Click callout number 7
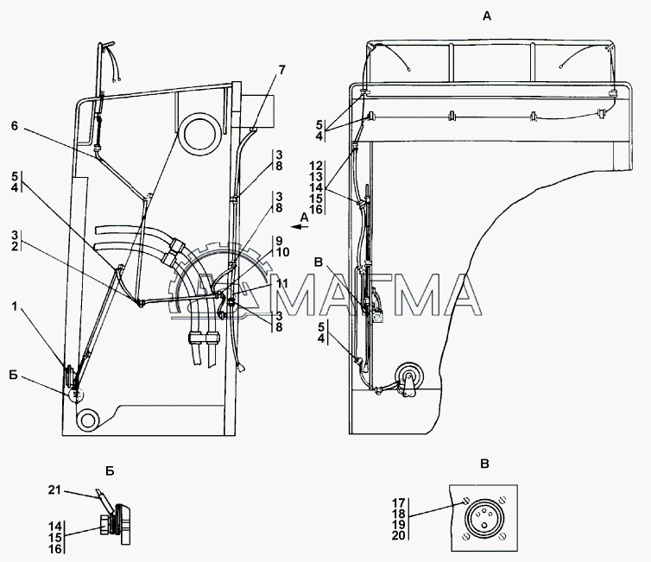282,70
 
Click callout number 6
15,125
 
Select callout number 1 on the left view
15,306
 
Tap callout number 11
282,283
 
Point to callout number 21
54,490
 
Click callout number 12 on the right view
316,166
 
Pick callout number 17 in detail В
399,503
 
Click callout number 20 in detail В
399,536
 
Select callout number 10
282,252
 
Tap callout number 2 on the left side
15,246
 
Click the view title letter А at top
487,16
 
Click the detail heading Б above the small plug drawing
110,471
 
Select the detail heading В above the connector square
484,464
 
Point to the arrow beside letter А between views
300,227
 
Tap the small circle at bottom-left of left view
87,420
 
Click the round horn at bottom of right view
409,375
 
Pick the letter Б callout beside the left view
14,376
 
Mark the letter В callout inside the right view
319,262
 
